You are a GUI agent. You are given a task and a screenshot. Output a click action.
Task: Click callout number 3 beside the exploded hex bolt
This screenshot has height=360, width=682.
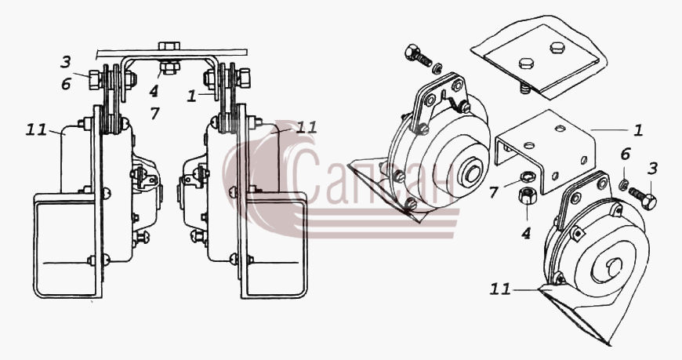(652, 169)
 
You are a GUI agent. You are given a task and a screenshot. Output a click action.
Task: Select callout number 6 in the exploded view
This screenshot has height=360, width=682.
(625, 154)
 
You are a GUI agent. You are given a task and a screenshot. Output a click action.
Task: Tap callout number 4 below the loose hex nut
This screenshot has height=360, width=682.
(526, 233)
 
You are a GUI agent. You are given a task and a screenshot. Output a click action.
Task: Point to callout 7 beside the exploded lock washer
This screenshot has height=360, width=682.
(493, 191)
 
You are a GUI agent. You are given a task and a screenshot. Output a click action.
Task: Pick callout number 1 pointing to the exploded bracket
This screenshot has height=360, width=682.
(637, 130)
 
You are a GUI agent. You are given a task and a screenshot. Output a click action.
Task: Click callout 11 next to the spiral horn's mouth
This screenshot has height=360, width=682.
(500, 289)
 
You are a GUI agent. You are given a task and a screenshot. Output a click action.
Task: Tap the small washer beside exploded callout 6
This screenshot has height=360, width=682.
(623, 184)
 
